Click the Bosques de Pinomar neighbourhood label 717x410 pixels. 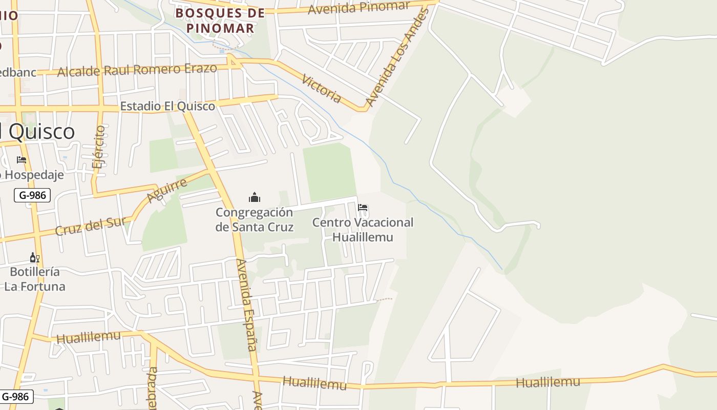[x=220, y=20]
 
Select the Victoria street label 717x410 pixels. [x=322, y=88]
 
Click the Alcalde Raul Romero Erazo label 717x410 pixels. [x=137, y=70]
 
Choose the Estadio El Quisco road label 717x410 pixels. [x=167, y=106]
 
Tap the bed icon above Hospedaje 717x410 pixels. [x=22, y=160]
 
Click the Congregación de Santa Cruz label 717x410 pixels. [x=254, y=219]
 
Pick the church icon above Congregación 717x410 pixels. [x=254, y=197]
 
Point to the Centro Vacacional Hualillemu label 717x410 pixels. [x=363, y=230]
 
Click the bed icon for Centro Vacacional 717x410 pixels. [x=363, y=208]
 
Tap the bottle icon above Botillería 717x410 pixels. [x=34, y=258]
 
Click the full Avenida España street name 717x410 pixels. [x=245, y=305]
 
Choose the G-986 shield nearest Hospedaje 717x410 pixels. [x=32, y=195]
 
